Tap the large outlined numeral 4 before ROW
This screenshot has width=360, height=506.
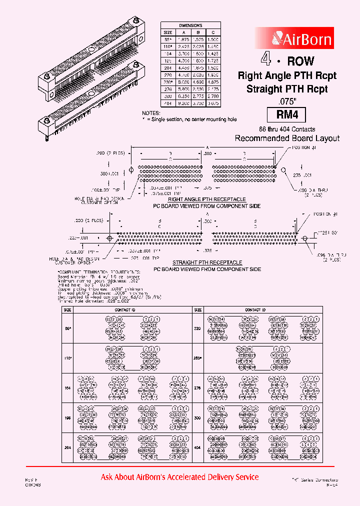coord(266,60)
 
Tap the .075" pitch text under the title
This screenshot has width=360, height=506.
coord(287,100)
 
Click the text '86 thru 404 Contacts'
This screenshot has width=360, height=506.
coord(287,129)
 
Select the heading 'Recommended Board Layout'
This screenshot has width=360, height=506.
coord(287,138)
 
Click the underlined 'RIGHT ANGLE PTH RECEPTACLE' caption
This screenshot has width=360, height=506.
coord(206,200)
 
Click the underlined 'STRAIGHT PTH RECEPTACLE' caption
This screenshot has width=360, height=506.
coord(206,262)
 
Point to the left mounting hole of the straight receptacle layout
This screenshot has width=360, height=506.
coord(109,237)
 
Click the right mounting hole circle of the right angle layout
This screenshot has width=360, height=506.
coord(283,170)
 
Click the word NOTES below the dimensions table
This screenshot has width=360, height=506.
coord(150,114)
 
